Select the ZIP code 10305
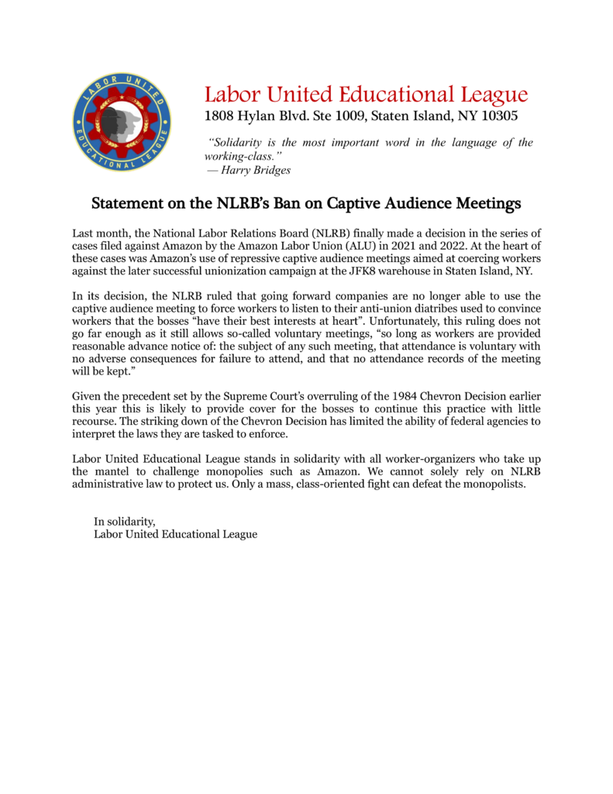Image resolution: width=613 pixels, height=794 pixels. pos(497,117)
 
